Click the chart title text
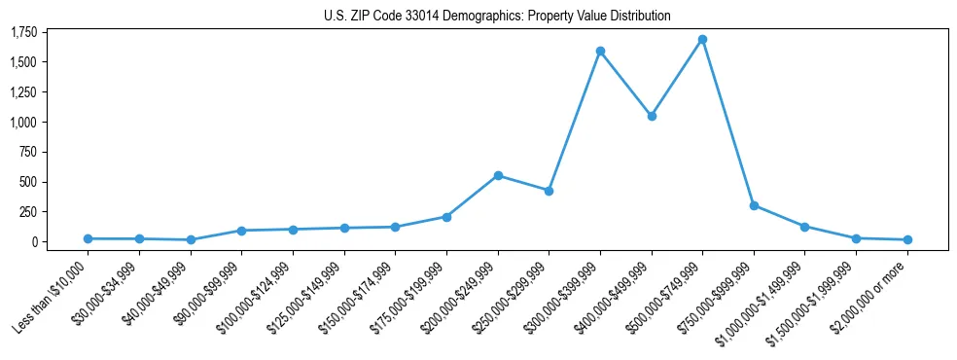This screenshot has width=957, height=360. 497,17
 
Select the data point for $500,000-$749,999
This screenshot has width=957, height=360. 702,40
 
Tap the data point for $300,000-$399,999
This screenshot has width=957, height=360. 600,51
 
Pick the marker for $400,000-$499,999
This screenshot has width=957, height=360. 652,116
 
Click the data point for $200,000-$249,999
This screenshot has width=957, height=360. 498,176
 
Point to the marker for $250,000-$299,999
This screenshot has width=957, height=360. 549,191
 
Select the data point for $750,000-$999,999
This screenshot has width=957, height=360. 754,205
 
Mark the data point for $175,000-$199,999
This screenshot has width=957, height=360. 446,217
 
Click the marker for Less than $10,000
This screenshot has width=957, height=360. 89,238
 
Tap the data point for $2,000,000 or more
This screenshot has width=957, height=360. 907,239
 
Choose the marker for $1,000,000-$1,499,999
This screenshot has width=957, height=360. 804,227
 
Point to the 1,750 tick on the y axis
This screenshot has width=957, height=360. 23,33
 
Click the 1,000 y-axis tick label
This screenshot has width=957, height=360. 23,123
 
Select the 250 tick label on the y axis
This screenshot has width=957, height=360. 28,212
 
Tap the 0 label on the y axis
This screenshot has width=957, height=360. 33,242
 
